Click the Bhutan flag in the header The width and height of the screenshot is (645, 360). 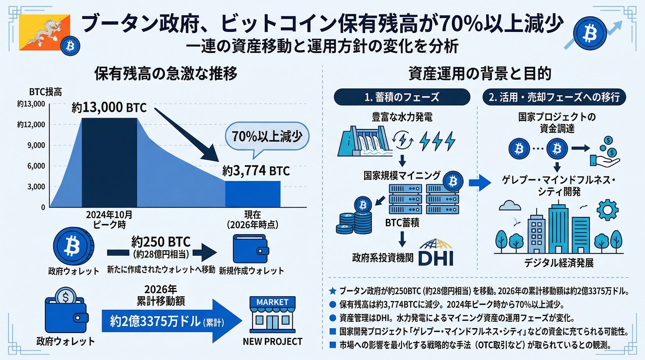[44, 32]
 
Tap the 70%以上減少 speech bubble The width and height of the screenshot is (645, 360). [267, 136]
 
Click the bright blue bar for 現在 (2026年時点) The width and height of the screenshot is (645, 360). [252, 194]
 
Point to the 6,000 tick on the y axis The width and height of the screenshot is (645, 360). [36, 166]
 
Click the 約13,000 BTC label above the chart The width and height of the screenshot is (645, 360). [109, 108]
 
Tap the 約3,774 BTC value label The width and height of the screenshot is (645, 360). [256, 171]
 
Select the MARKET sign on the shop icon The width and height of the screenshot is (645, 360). [273, 302]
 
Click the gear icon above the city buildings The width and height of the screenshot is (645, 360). [607, 210]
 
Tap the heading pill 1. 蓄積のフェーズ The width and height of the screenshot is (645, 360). [402, 97]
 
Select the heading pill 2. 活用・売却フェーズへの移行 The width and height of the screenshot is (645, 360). [554, 97]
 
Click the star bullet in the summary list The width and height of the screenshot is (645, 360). [333, 291]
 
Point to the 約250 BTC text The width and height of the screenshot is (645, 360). [161, 242]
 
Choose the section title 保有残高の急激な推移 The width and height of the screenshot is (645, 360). [166, 74]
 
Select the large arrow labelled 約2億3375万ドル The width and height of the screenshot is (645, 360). [169, 321]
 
